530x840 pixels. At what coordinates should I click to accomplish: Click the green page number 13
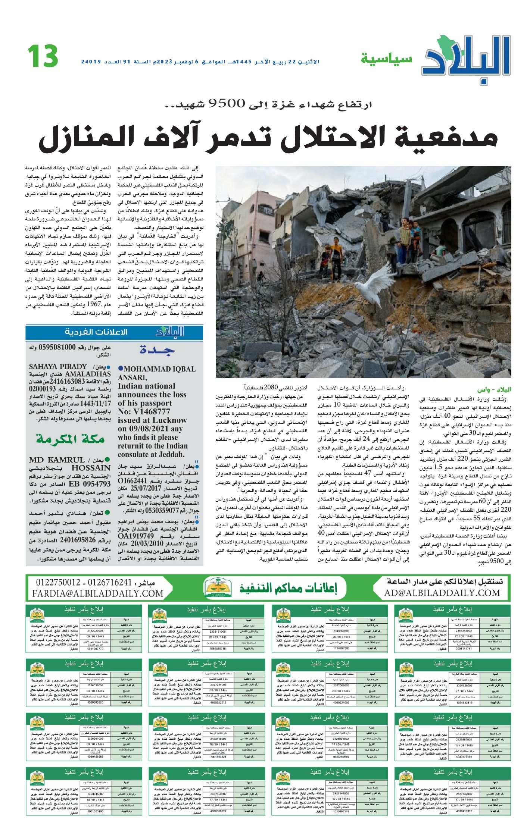pyautogui.click(x=43, y=56)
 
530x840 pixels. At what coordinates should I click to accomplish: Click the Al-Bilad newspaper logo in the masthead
pyautogui.click(x=467, y=60)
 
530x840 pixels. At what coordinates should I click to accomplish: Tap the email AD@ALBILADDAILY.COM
pyautogui.click(x=442, y=593)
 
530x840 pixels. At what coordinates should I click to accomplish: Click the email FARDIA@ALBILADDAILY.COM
pyautogui.click(x=98, y=593)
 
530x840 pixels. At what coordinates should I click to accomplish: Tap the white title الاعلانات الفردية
pyautogui.click(x=96, y=332)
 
